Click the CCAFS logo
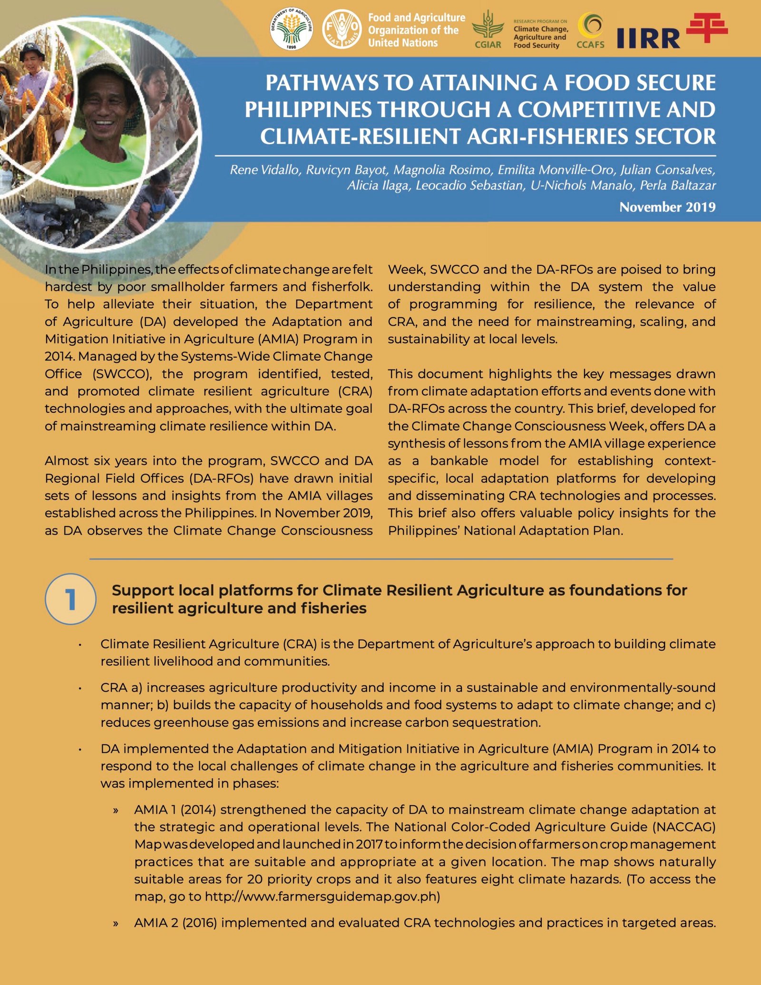click(590, 29)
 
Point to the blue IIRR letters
click(648, 39)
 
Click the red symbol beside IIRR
click(707, 27)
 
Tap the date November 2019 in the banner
click(667, 207)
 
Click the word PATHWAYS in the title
click(322, 83)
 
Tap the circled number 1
click(70, 599)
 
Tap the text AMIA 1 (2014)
click(175, 809)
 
